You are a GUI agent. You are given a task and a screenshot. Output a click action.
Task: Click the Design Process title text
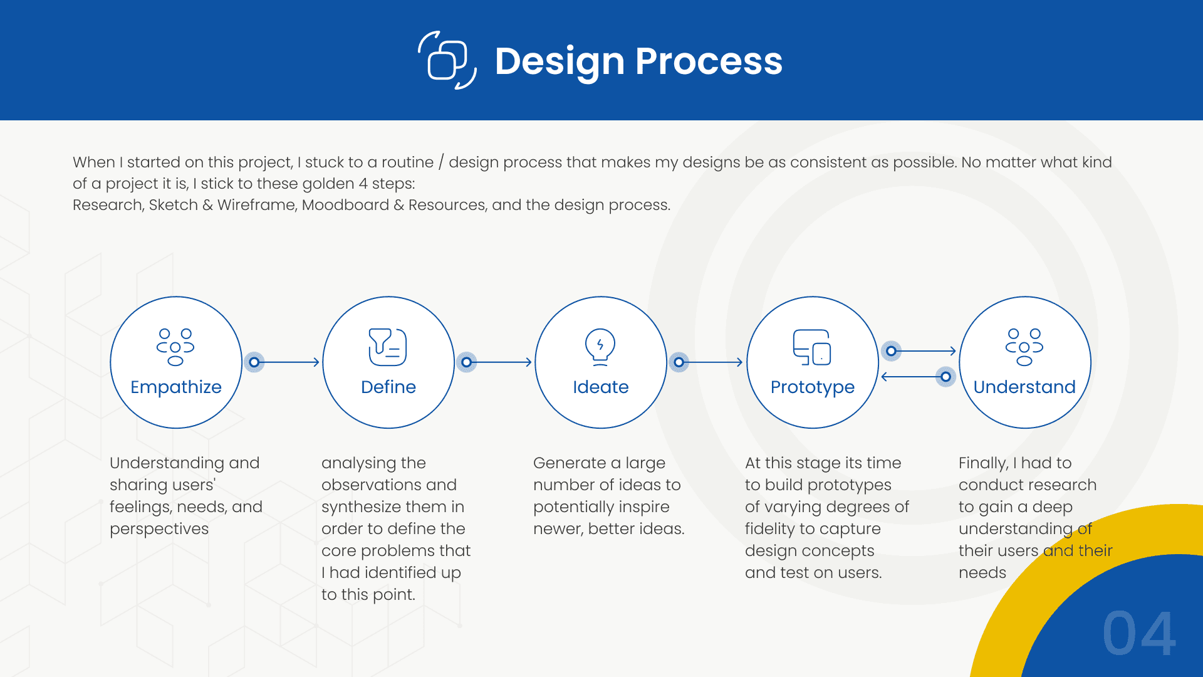(x=638, y=61)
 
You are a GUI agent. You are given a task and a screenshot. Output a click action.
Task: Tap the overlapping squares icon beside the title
(x=447, y=60)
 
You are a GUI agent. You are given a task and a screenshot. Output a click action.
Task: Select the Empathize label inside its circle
(x=176, y=387)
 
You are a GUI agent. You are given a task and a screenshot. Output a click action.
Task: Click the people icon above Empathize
(x=175, y=347)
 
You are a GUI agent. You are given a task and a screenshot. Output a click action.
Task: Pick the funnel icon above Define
(x=388, y=347)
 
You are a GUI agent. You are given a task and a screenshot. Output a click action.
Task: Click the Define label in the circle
(x=388, y=387)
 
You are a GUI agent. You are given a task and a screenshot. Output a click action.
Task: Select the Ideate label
(x=600, y=387)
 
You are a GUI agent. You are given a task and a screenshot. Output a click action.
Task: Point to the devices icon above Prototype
(x=812, y=347)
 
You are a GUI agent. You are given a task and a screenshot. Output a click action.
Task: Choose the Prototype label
(x=813, y=387)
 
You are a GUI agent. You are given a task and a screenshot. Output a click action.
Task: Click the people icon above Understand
(x=1024, y=347)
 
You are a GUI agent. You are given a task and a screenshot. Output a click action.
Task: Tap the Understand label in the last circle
(x=1024, y=387)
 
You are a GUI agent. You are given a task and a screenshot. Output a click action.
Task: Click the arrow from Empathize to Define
(x=288, y=362)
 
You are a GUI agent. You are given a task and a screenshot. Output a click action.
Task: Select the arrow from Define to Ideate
(x=501, y=362)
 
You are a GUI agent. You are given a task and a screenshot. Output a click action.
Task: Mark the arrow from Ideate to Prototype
(x=712, y=362)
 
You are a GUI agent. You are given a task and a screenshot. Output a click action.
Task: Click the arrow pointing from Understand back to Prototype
(x=912, y=377)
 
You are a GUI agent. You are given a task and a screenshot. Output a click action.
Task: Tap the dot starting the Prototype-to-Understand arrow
(x=891, y=351)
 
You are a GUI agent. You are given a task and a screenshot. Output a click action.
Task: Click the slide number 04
(x=1138, y=634)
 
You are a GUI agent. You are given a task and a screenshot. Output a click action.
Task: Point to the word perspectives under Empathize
(x=159, y=529)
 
